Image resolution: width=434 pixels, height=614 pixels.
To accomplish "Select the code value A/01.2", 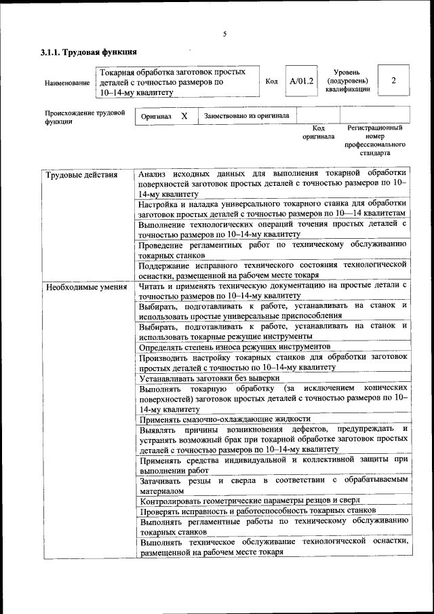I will tap(300, 81).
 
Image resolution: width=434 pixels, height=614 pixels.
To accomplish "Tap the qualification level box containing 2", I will tap(393, 81).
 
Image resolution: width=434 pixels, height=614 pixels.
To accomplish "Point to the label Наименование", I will tap(66, 83).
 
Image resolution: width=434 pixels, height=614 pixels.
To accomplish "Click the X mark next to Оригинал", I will tap(184, 116).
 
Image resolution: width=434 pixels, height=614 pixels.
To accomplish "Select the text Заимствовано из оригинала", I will tap(247, 116).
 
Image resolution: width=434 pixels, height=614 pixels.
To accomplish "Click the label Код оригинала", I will tap(318, 132).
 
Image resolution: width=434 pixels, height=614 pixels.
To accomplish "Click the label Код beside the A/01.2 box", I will tap(271, 81).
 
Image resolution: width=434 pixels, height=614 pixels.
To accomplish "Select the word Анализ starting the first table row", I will tap(152, 174).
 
